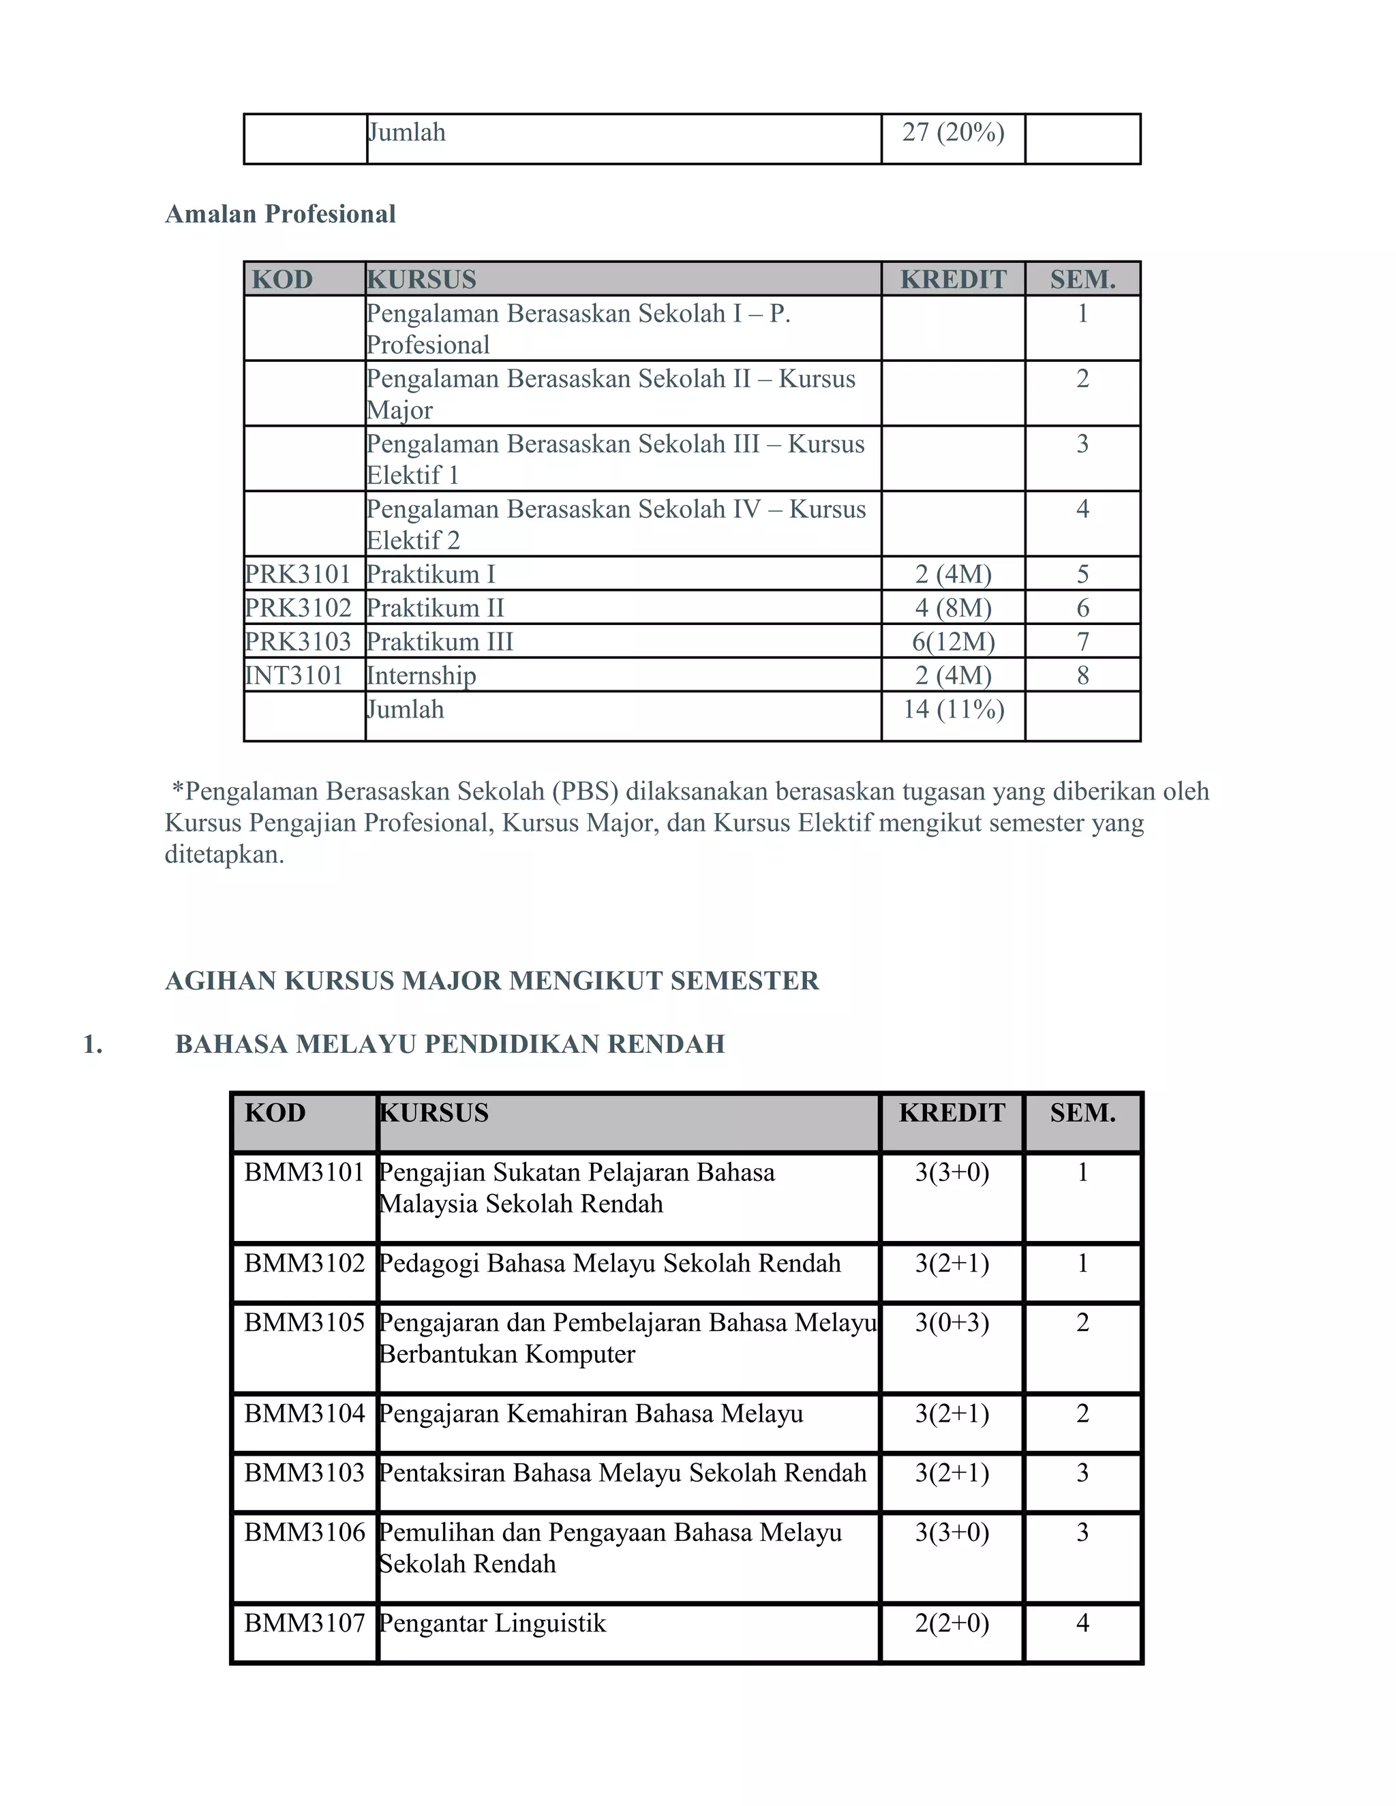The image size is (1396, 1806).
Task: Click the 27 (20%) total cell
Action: coord(953,132)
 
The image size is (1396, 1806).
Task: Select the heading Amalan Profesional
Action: coord(280,214)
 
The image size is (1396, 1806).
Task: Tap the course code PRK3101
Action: coord(298,574)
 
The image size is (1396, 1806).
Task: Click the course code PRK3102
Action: coord(298,608)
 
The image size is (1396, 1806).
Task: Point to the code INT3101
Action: coord(294,675)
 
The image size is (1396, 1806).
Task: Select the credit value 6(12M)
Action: coord(953,642)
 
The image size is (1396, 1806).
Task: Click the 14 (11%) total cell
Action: coord(953,709)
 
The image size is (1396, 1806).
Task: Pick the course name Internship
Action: coord(421,675)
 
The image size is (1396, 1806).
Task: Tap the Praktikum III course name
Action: coord(440,642)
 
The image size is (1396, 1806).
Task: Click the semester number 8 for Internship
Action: coord(1082,675)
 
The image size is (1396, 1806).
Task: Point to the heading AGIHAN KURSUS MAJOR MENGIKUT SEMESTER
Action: coord(492,981)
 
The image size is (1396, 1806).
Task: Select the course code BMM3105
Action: coord(304,1323)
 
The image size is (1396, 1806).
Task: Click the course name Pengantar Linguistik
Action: coord(492,1623)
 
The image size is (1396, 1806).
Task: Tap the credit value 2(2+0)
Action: coord(952,1623)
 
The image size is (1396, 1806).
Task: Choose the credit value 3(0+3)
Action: coord(952,1323)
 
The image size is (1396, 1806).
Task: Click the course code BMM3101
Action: coord(304,1173)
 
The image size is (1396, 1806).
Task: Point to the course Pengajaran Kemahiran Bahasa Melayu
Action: coord(590,1414)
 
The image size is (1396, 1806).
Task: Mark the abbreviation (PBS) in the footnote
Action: coord(586,791)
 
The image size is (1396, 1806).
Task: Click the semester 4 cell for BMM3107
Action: coord(1082,1623)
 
